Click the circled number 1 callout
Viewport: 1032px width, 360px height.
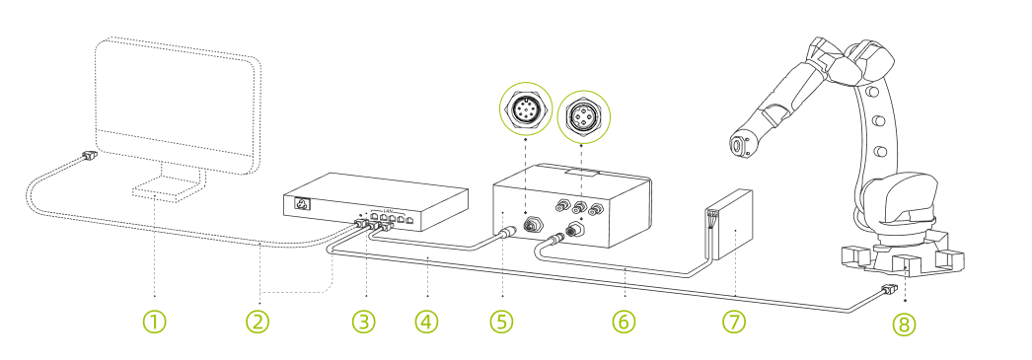[x=155, y=322]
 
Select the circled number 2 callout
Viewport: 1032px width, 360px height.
[x=258, y=322]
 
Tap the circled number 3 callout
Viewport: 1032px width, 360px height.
[x=366, y=322]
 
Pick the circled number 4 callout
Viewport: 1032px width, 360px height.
[x=426, y=322]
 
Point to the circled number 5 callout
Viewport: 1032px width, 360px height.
[x=502, y=322]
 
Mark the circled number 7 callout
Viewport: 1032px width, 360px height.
[x=736, y=322]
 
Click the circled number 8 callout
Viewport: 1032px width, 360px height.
[x=904, y=324]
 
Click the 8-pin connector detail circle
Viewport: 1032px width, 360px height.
[x=526, y=110]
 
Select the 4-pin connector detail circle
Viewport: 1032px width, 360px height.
[x=583, y=116]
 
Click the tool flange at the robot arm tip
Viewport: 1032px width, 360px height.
[x=738, y=146]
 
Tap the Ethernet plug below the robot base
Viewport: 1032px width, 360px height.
[x=888, y=290]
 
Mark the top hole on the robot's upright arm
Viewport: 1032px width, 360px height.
[x=873, y=93]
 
